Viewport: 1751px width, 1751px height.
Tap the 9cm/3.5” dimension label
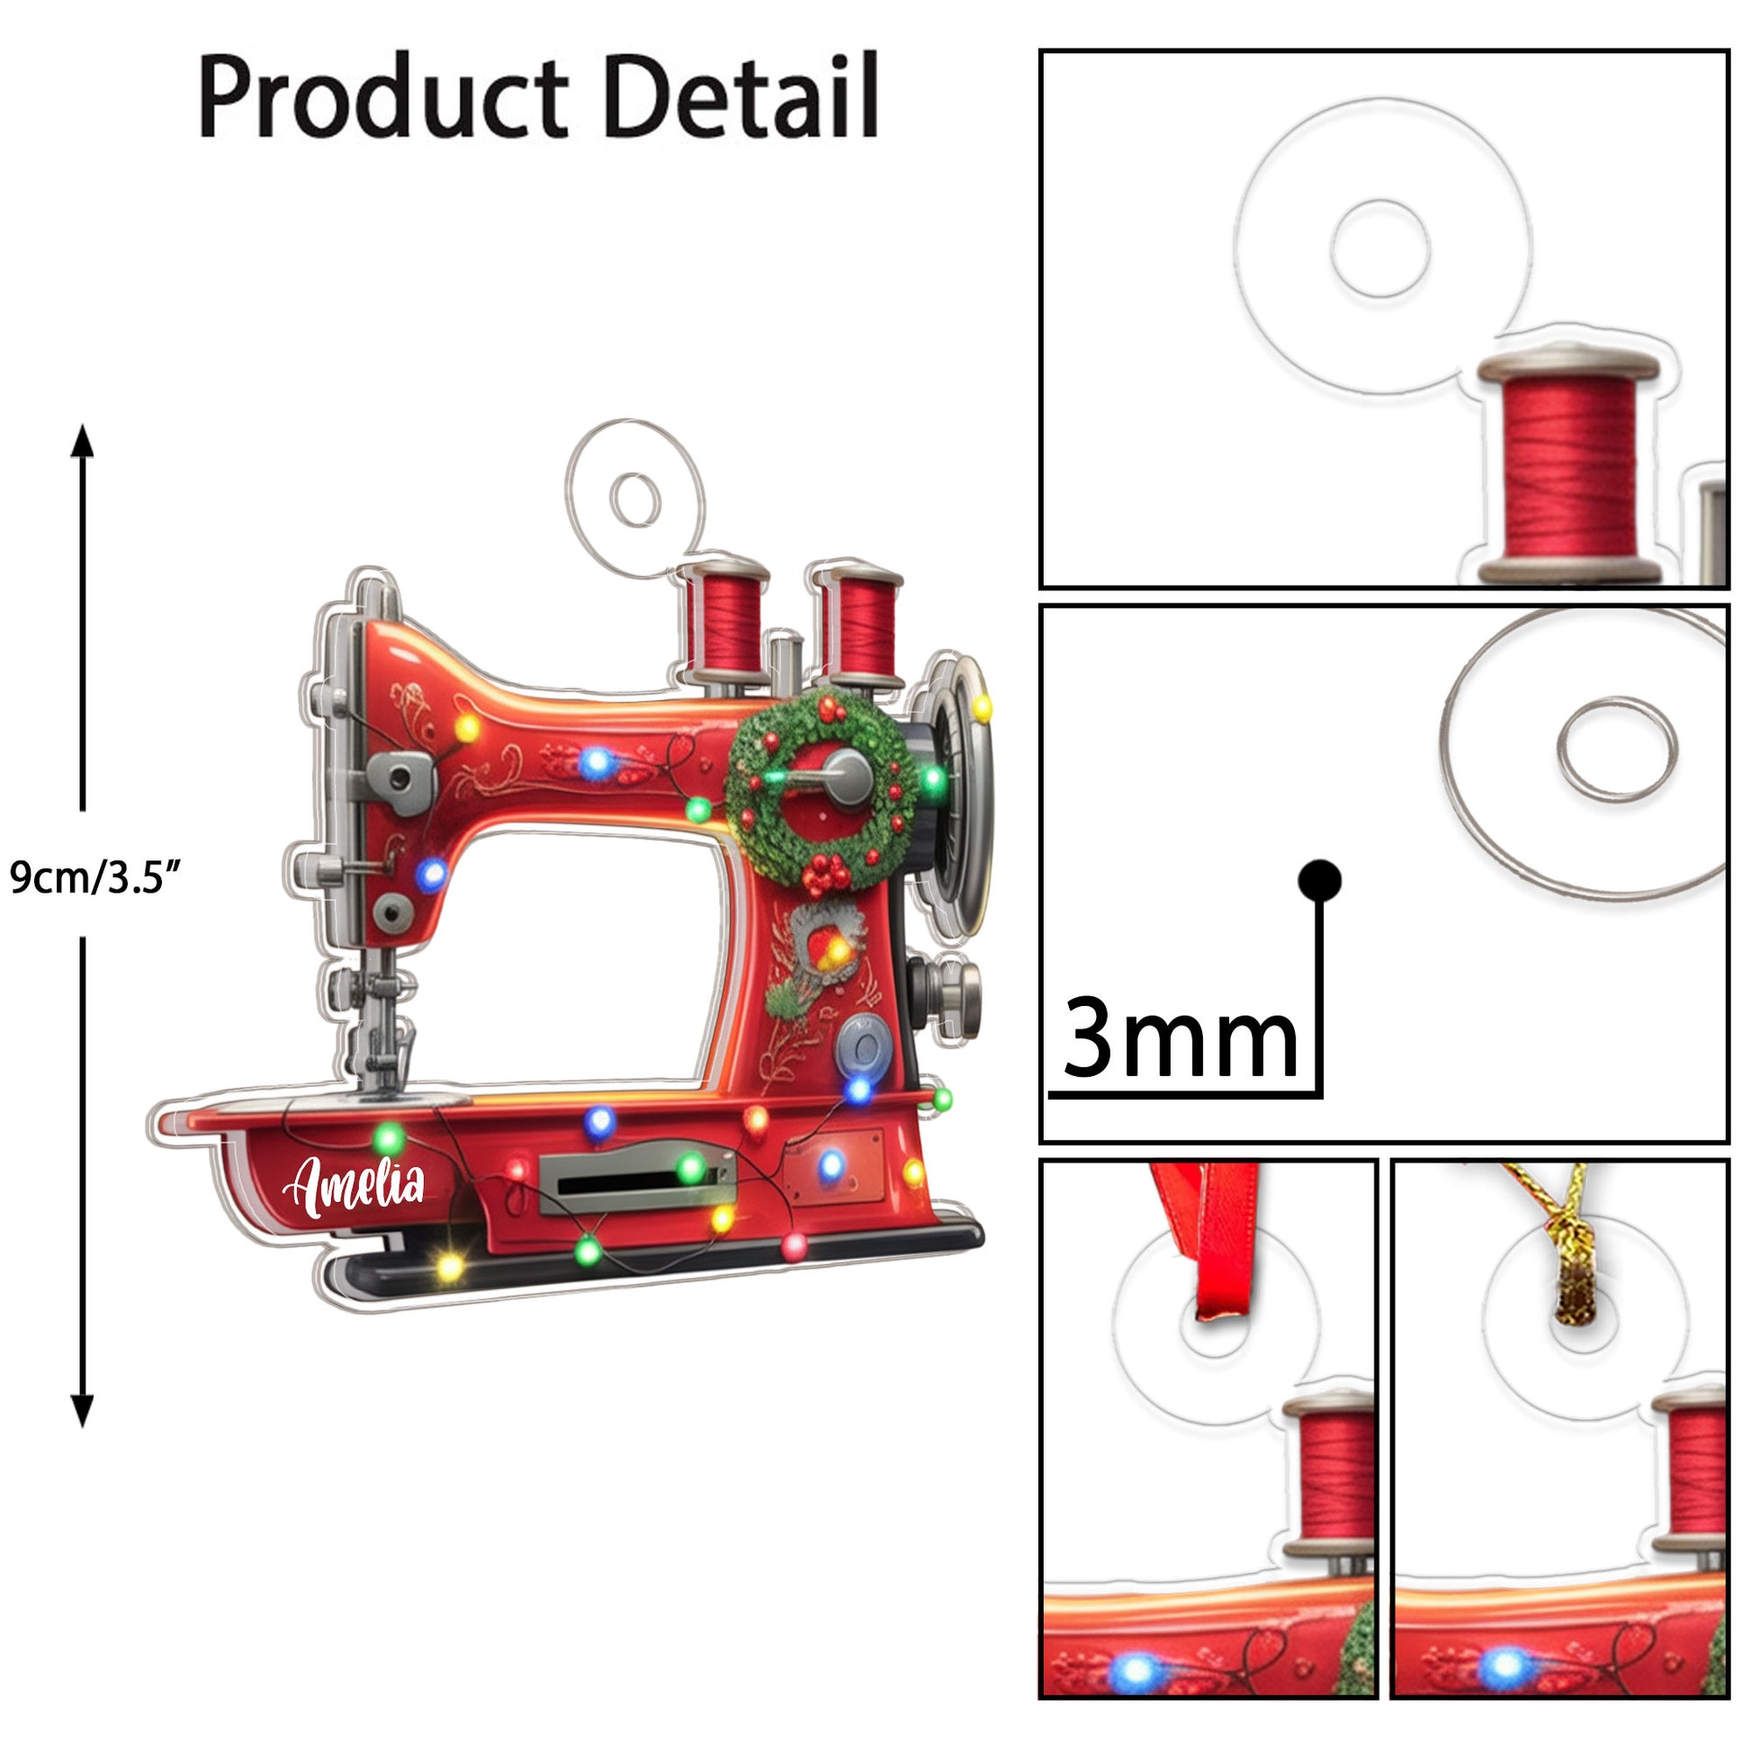[95, 877]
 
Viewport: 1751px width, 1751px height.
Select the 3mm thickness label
[1179, 1038]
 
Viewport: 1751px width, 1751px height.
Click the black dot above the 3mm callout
[1319, 880]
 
